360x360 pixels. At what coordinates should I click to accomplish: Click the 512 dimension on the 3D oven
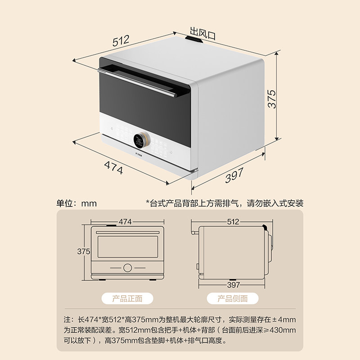[x=121, y=41]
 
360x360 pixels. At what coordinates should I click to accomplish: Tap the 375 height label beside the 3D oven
[x=271, y=98]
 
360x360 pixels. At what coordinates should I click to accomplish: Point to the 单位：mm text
[x=76, y=203]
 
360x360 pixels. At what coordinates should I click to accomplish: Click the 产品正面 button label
[x=127, y=298]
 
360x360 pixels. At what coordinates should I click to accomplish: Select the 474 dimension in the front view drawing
[x=126, y=222]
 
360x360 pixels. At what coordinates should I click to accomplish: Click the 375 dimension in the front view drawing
[x=84, y=252]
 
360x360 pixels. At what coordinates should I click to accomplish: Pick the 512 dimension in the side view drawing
[x=233, y=222]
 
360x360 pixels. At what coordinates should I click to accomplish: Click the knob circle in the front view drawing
[x=128, y=267]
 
